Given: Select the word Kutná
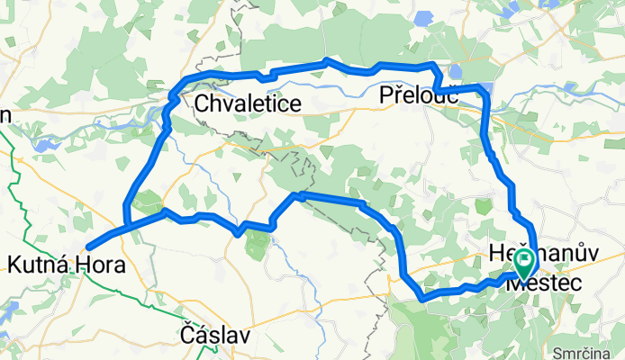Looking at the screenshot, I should pos(37,265).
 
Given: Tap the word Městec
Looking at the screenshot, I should pos(543,282).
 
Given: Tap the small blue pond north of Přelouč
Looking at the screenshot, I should pos(455,71).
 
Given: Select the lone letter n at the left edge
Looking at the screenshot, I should pos(5,114).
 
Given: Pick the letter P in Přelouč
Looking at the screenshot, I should pos(387,94).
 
